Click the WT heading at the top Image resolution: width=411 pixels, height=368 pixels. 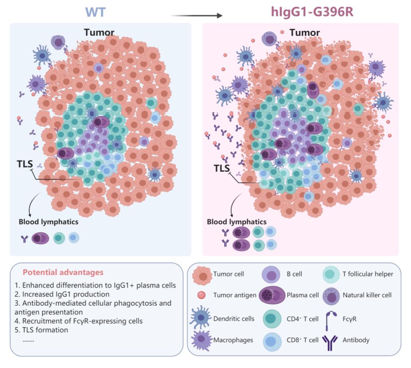(x=95, y=12)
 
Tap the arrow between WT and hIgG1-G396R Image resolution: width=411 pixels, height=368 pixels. (x=196, y=16)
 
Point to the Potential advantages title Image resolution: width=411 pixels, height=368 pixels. (x=57, y=273)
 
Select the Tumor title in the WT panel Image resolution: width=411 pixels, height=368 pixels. (x=99, y=32)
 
